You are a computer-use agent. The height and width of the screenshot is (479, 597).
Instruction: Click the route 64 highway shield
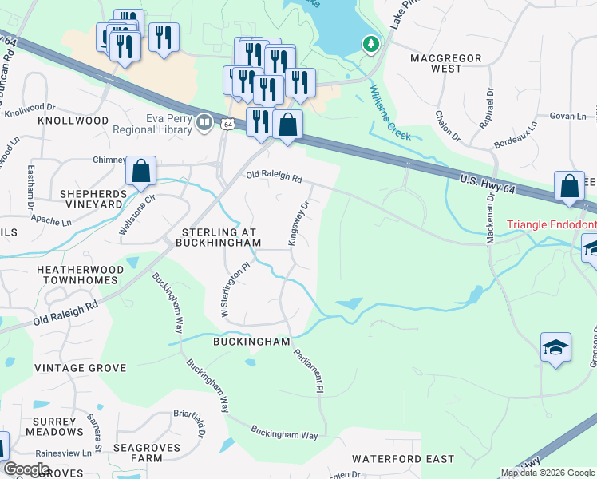point(228,124)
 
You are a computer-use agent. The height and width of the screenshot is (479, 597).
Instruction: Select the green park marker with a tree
point(370,45)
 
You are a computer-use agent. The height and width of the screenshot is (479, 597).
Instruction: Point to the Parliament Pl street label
point(308,371)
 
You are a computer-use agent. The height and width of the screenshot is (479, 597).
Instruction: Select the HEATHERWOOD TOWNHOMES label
point(80,275)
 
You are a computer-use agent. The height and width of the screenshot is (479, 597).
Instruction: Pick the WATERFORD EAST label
point(403,459)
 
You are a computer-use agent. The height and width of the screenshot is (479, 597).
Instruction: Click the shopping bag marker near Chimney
point(140,171)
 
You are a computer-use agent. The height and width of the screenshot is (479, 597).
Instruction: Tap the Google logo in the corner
point(26,469)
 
